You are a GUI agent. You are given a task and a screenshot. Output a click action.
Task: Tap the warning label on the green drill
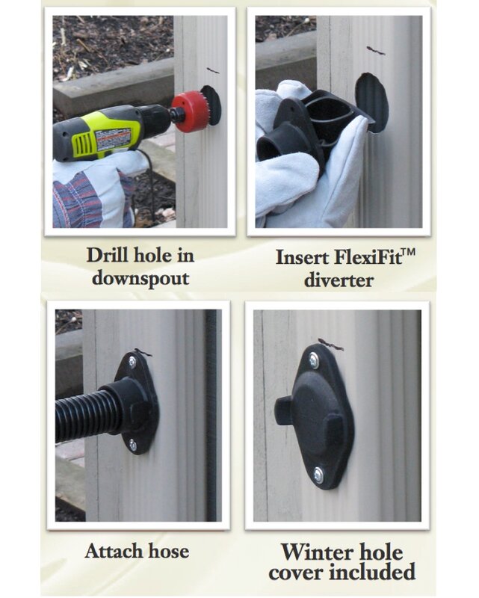[114, 139]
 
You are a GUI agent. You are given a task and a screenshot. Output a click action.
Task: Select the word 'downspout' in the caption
[140, 278]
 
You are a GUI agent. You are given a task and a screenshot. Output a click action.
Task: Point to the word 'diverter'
[339, 280]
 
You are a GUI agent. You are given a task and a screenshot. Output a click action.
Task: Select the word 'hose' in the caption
[168, 551]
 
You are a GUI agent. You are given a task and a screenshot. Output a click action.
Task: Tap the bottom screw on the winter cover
[318, 475]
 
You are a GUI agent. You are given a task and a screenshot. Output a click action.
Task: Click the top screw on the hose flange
[132, 362]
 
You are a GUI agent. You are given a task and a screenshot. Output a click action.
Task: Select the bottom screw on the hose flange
[132, 445]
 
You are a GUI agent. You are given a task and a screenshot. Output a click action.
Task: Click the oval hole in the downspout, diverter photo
[371, 102]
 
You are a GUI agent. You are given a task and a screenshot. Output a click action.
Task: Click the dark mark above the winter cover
[330, 344]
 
